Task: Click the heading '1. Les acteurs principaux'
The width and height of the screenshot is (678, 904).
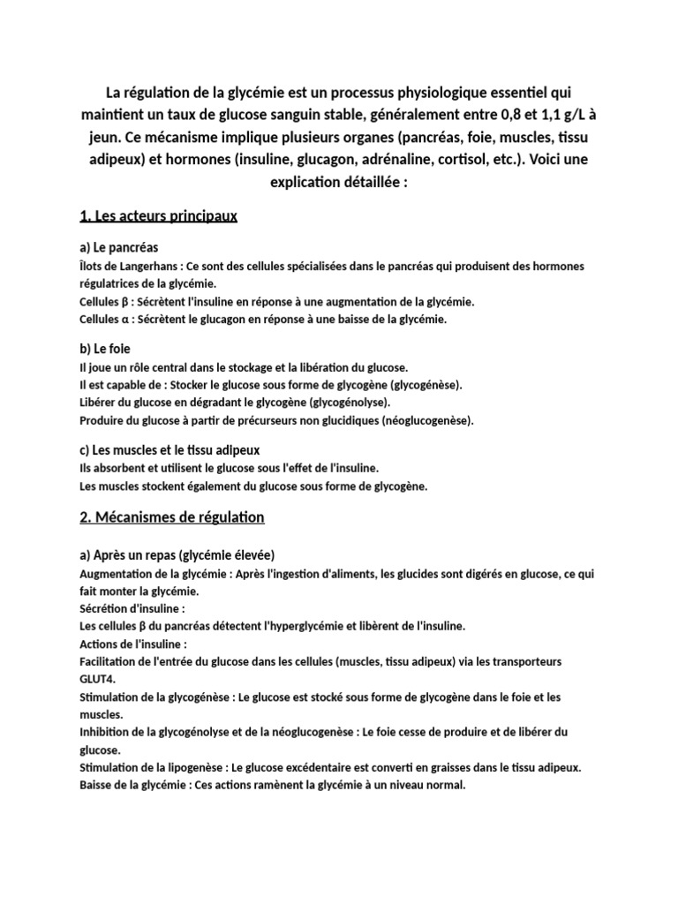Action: pos(159,215)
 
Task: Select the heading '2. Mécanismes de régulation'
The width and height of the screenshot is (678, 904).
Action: pos(171,516)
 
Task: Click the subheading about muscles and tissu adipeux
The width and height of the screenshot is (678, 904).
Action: pos(169,450)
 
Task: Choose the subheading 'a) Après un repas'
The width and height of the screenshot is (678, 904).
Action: pos(177,555)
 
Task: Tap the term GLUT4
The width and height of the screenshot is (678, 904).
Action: pos(98,679)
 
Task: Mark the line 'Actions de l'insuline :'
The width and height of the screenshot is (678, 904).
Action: pos(132,644)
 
